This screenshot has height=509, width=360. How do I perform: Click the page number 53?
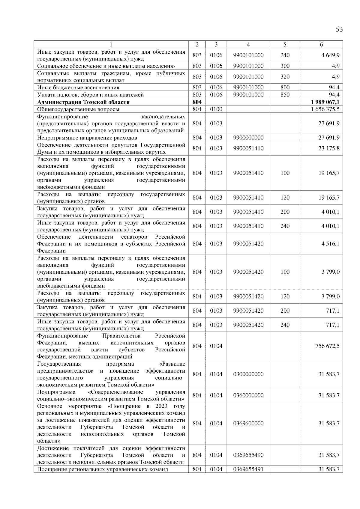pyautogui.click(x=339, y=29)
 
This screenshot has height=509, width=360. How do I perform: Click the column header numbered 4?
pyautogui.click(x=248, y=44)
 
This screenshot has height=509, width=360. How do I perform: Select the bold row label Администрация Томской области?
pyautogui.click(x=83, y=102)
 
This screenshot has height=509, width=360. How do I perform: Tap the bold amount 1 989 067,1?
pyautogui.click(x=325, y=102)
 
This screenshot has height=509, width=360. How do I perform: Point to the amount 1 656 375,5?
pyautogui.click(x=325, y=109)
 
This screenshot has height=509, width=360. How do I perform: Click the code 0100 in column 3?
pyautogui.click(x=216, y=109)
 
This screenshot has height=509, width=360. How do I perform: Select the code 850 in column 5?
pyautogui.click(x=285, y=95)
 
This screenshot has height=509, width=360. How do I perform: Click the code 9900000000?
pyautogui.click(x=248, y=138)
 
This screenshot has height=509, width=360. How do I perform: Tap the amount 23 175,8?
pyautogui.click(x=329, y=148)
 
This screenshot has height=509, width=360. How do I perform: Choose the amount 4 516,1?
pyautogui.click(x=330, y=243)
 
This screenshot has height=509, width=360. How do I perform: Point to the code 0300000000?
pyautogui.click(x=248, y=374)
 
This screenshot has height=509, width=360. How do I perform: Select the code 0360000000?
pyautogui.click(x=248, y=395)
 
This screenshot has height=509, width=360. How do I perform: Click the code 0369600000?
pyautogui.click(x=248, y=423)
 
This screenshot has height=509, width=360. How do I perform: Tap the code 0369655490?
pyautogui.click(x=248, y=455)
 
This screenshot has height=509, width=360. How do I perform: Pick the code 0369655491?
pyautogui.click(x=248, y=469)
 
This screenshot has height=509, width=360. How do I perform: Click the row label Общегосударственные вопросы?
pyautogui.click(x=78, y=109)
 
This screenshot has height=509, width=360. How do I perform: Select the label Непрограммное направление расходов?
pyautogui.click(x=87, y=138)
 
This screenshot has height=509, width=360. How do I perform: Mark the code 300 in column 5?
pyautogui.click(x=285, y=66)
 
